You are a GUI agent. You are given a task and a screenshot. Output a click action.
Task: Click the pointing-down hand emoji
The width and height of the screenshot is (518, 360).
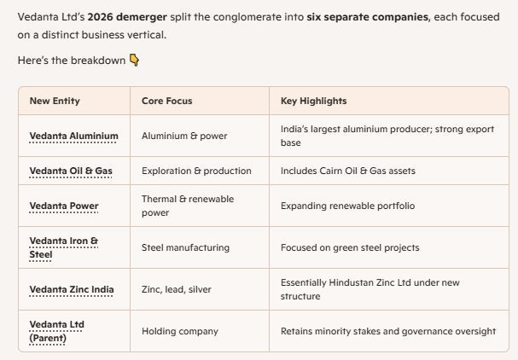[x=134, y=60]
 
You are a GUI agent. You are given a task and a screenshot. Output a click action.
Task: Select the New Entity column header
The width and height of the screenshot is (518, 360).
[x=55, y=101]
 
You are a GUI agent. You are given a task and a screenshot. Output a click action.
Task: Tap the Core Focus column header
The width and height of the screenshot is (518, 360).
[x=166, y=101]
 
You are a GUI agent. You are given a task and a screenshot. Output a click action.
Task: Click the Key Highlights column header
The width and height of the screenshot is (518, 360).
[x=313, y=101]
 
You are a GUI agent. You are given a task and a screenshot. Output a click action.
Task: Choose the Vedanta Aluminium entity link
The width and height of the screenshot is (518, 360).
[x=73, y=136]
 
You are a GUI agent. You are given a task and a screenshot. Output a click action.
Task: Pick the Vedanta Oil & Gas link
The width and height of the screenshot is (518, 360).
[x=71, y=171]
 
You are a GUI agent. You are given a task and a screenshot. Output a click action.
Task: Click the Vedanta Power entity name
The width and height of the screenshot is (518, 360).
[x=64, y=206]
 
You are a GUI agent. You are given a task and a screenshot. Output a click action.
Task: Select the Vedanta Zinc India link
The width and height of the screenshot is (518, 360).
[x=72, y=289]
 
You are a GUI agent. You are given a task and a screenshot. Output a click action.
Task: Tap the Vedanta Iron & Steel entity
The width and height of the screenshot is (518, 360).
[x=64, y=247]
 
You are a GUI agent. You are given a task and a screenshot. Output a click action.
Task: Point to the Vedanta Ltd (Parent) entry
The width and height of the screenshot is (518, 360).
[x=57, y=331]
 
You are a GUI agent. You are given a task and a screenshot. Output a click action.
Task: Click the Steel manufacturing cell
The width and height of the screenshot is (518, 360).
[x=185, y=247]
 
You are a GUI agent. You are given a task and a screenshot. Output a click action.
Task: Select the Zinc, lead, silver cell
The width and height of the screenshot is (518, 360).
[x=177, y=289]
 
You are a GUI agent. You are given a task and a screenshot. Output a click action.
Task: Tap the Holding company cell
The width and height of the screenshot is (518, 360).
[x=180, y=331]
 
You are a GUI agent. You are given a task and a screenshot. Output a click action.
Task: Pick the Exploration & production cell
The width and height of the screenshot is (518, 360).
[x=196, y=171]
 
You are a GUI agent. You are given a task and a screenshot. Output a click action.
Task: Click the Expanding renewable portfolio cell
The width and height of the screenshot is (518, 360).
[x=347, y=206]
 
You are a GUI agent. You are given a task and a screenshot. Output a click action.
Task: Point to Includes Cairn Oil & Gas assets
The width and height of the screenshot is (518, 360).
[x=348, y=171]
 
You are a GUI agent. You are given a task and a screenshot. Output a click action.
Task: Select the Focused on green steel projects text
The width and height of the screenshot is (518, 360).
[x=350, y=247]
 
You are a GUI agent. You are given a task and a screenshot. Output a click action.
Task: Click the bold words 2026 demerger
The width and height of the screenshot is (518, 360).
[x=127, y=17]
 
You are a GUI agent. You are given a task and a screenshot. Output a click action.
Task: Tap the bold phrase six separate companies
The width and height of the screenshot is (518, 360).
[x=367, y=17]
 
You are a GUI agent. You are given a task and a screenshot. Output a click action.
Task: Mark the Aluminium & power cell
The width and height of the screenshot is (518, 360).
[x=184, y=136]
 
